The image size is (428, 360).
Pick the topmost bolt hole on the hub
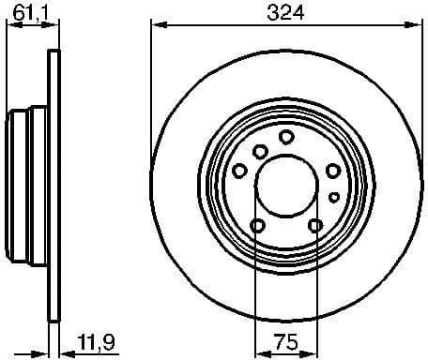[x=286, y=137]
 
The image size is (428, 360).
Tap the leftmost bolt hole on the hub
[x=239, y=171]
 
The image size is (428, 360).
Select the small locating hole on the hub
[x=333, y=196]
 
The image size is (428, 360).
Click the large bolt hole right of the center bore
[x=332, y=171]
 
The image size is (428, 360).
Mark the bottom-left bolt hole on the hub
[x=257, y=224]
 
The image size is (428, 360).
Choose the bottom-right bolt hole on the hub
[x=315, y=224]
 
